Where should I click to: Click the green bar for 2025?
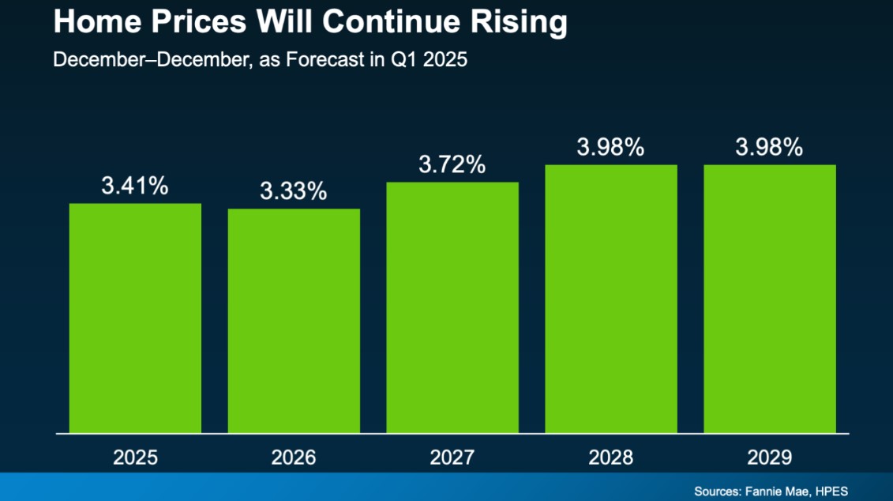tap(135, 318)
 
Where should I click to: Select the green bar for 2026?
tap(294, 321)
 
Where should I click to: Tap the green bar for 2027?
tap(452, 307)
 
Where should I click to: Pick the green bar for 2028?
tap(610, 299)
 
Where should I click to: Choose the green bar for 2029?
tap(769, 299)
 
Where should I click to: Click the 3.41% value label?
tap(135, 186)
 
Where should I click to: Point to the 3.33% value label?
tap(294, 192)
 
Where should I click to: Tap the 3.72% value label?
tap(452, 165)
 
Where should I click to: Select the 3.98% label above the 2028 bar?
tap(610, 148)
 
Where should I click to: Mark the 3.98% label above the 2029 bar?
tap(769, 148)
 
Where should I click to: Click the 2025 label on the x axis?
tap(135, 458)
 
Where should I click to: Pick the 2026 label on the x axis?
tap(294, 458)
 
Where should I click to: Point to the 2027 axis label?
tap(452, 458)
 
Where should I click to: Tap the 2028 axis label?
tap(610, 458)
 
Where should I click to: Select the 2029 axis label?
tap(769, 458)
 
